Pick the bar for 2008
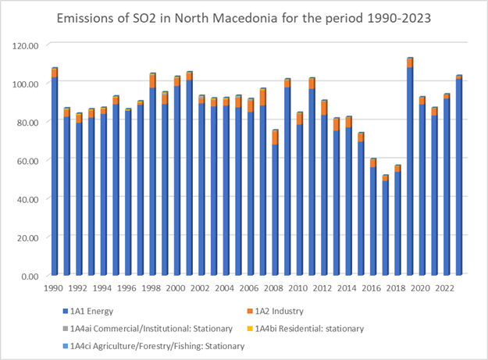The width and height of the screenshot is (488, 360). click(x=276, y=202)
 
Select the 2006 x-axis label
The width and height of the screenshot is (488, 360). click(x=251, y=289)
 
